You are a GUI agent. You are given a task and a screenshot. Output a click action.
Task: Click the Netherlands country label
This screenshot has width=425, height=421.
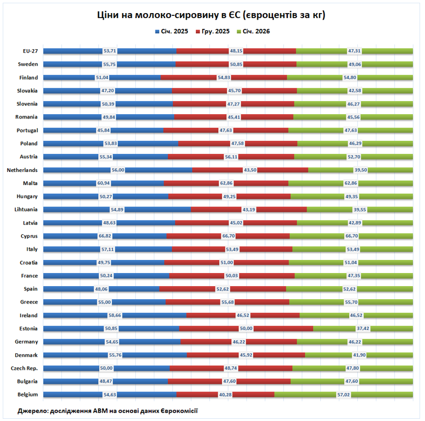[x=22, y=170]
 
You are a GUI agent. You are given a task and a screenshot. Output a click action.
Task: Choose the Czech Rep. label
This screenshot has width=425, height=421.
[x=24, y=368]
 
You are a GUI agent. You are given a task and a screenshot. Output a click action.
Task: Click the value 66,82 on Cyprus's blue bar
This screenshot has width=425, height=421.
[x=105, y=236]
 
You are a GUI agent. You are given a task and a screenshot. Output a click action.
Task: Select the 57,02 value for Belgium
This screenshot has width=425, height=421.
[x=345, y=394]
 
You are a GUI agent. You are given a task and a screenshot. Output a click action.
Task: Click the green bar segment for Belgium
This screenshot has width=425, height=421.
[x=306, y=394]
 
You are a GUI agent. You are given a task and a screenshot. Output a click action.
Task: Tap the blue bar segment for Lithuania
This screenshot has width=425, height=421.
[x=76, y=210]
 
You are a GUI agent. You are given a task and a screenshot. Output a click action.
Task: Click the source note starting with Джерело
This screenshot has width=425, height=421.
[x=107, y=411]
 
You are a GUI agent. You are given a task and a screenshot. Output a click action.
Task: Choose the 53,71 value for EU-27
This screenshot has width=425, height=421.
[x=110, y=51]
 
